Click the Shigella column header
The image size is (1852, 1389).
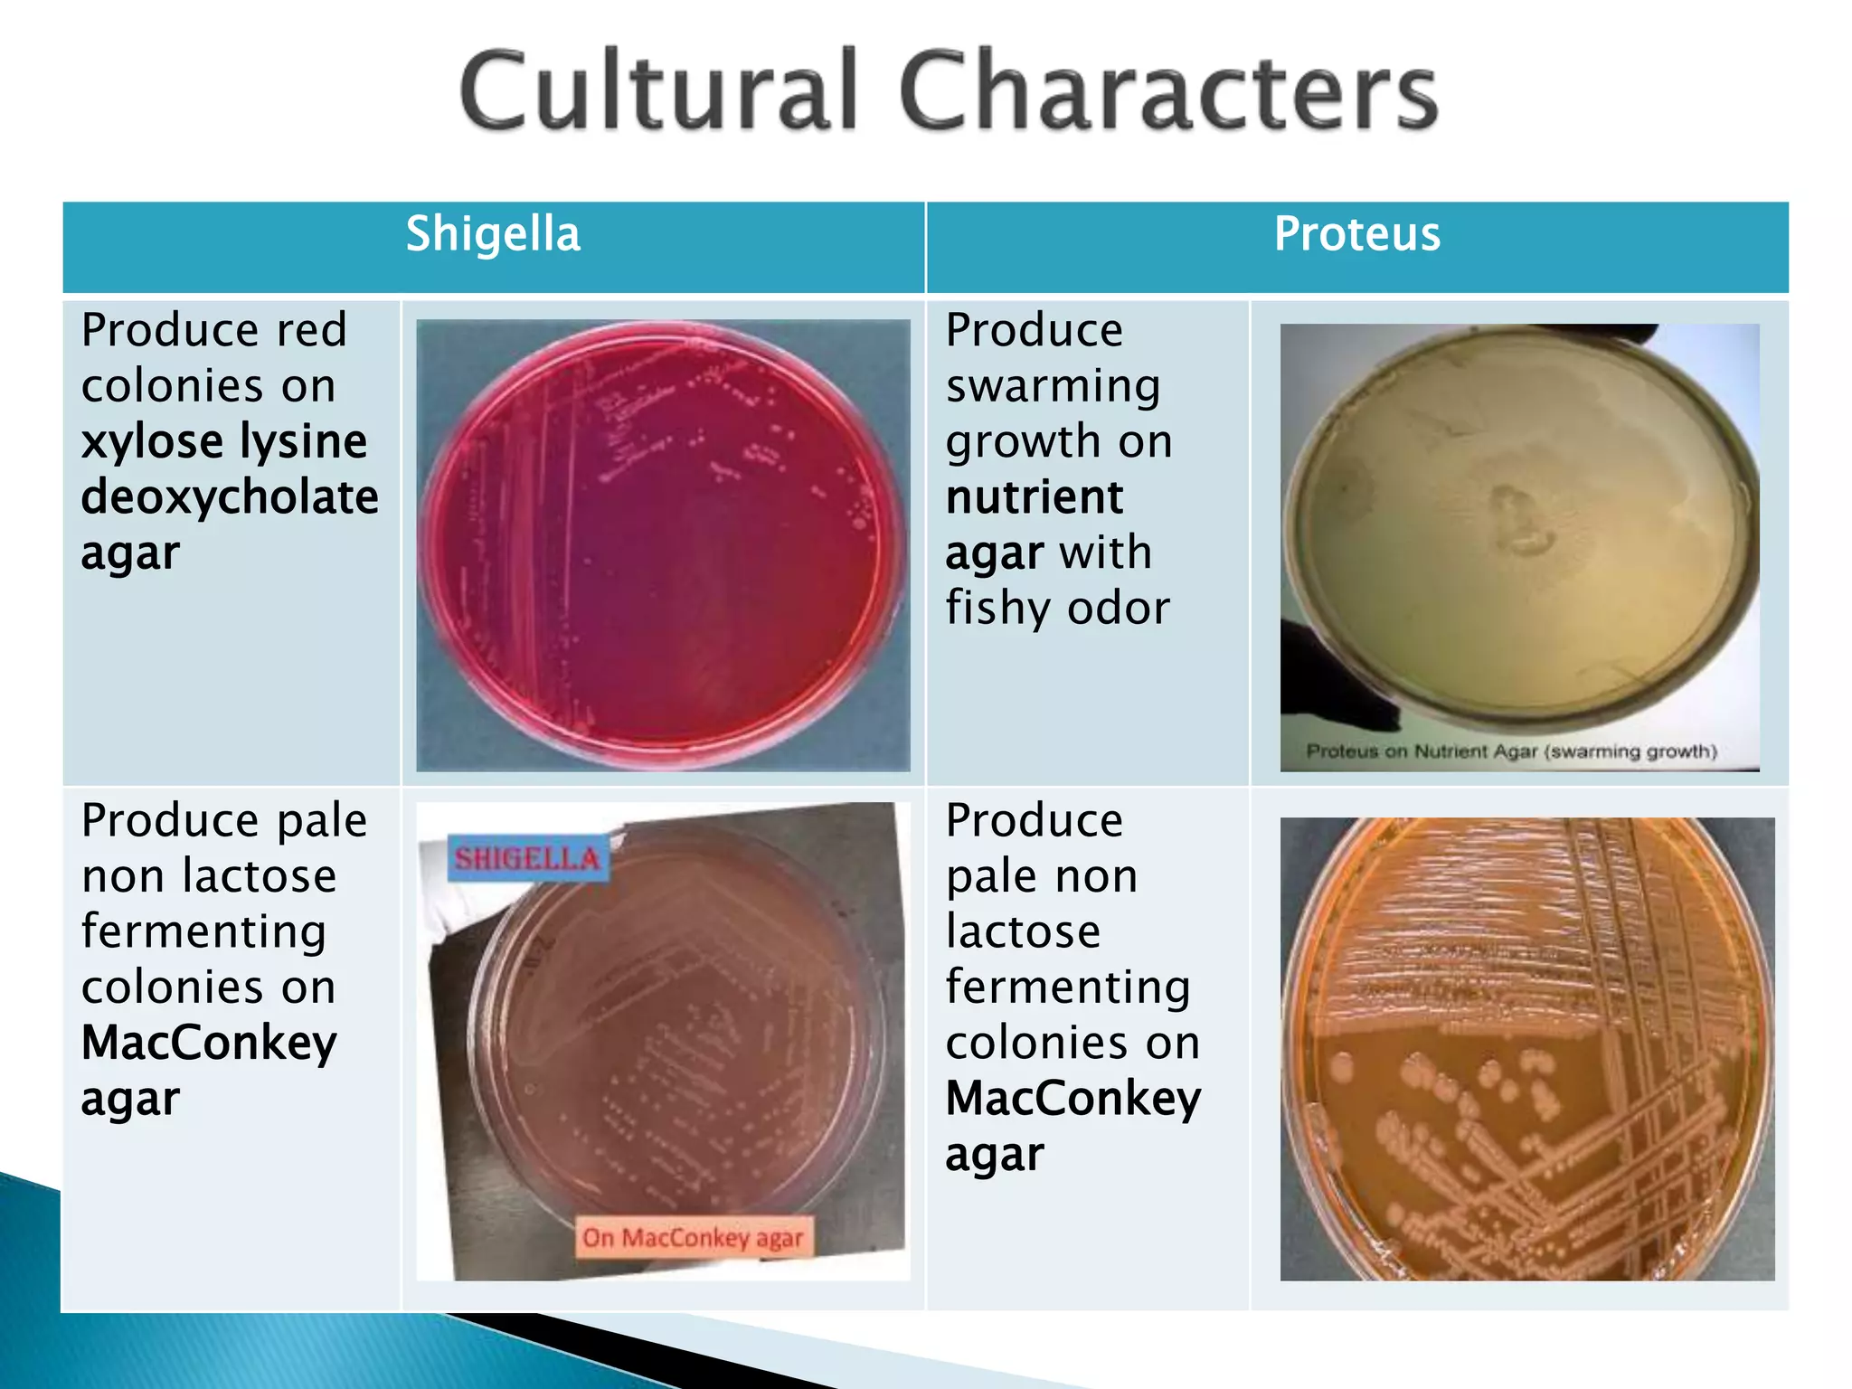click(x=493, y=234)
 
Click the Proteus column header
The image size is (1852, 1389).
click(x=1356, y=234)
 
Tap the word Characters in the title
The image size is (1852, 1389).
click(x=1167, y=91)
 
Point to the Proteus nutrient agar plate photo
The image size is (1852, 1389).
click(x=1519, y=534)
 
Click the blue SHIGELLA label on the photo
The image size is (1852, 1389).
click(x=527, y=858)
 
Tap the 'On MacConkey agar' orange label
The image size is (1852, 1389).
click(x=693, y=1237)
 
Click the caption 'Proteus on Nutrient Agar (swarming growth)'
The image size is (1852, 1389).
click(x=1511, y=751)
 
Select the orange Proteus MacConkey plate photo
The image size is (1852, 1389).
click(x=1527, y=1049)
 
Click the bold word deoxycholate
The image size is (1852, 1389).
click(x=230, y=497)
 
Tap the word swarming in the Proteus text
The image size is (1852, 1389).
click(x=1054, y=387)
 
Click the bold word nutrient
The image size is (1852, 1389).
click(x=1035, y=497)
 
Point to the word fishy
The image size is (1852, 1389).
click(x=999, y=609)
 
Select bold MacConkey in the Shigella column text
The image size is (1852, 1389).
click(x=209, y=1043)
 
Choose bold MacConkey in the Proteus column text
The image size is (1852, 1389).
click(x=1073, y=1099)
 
